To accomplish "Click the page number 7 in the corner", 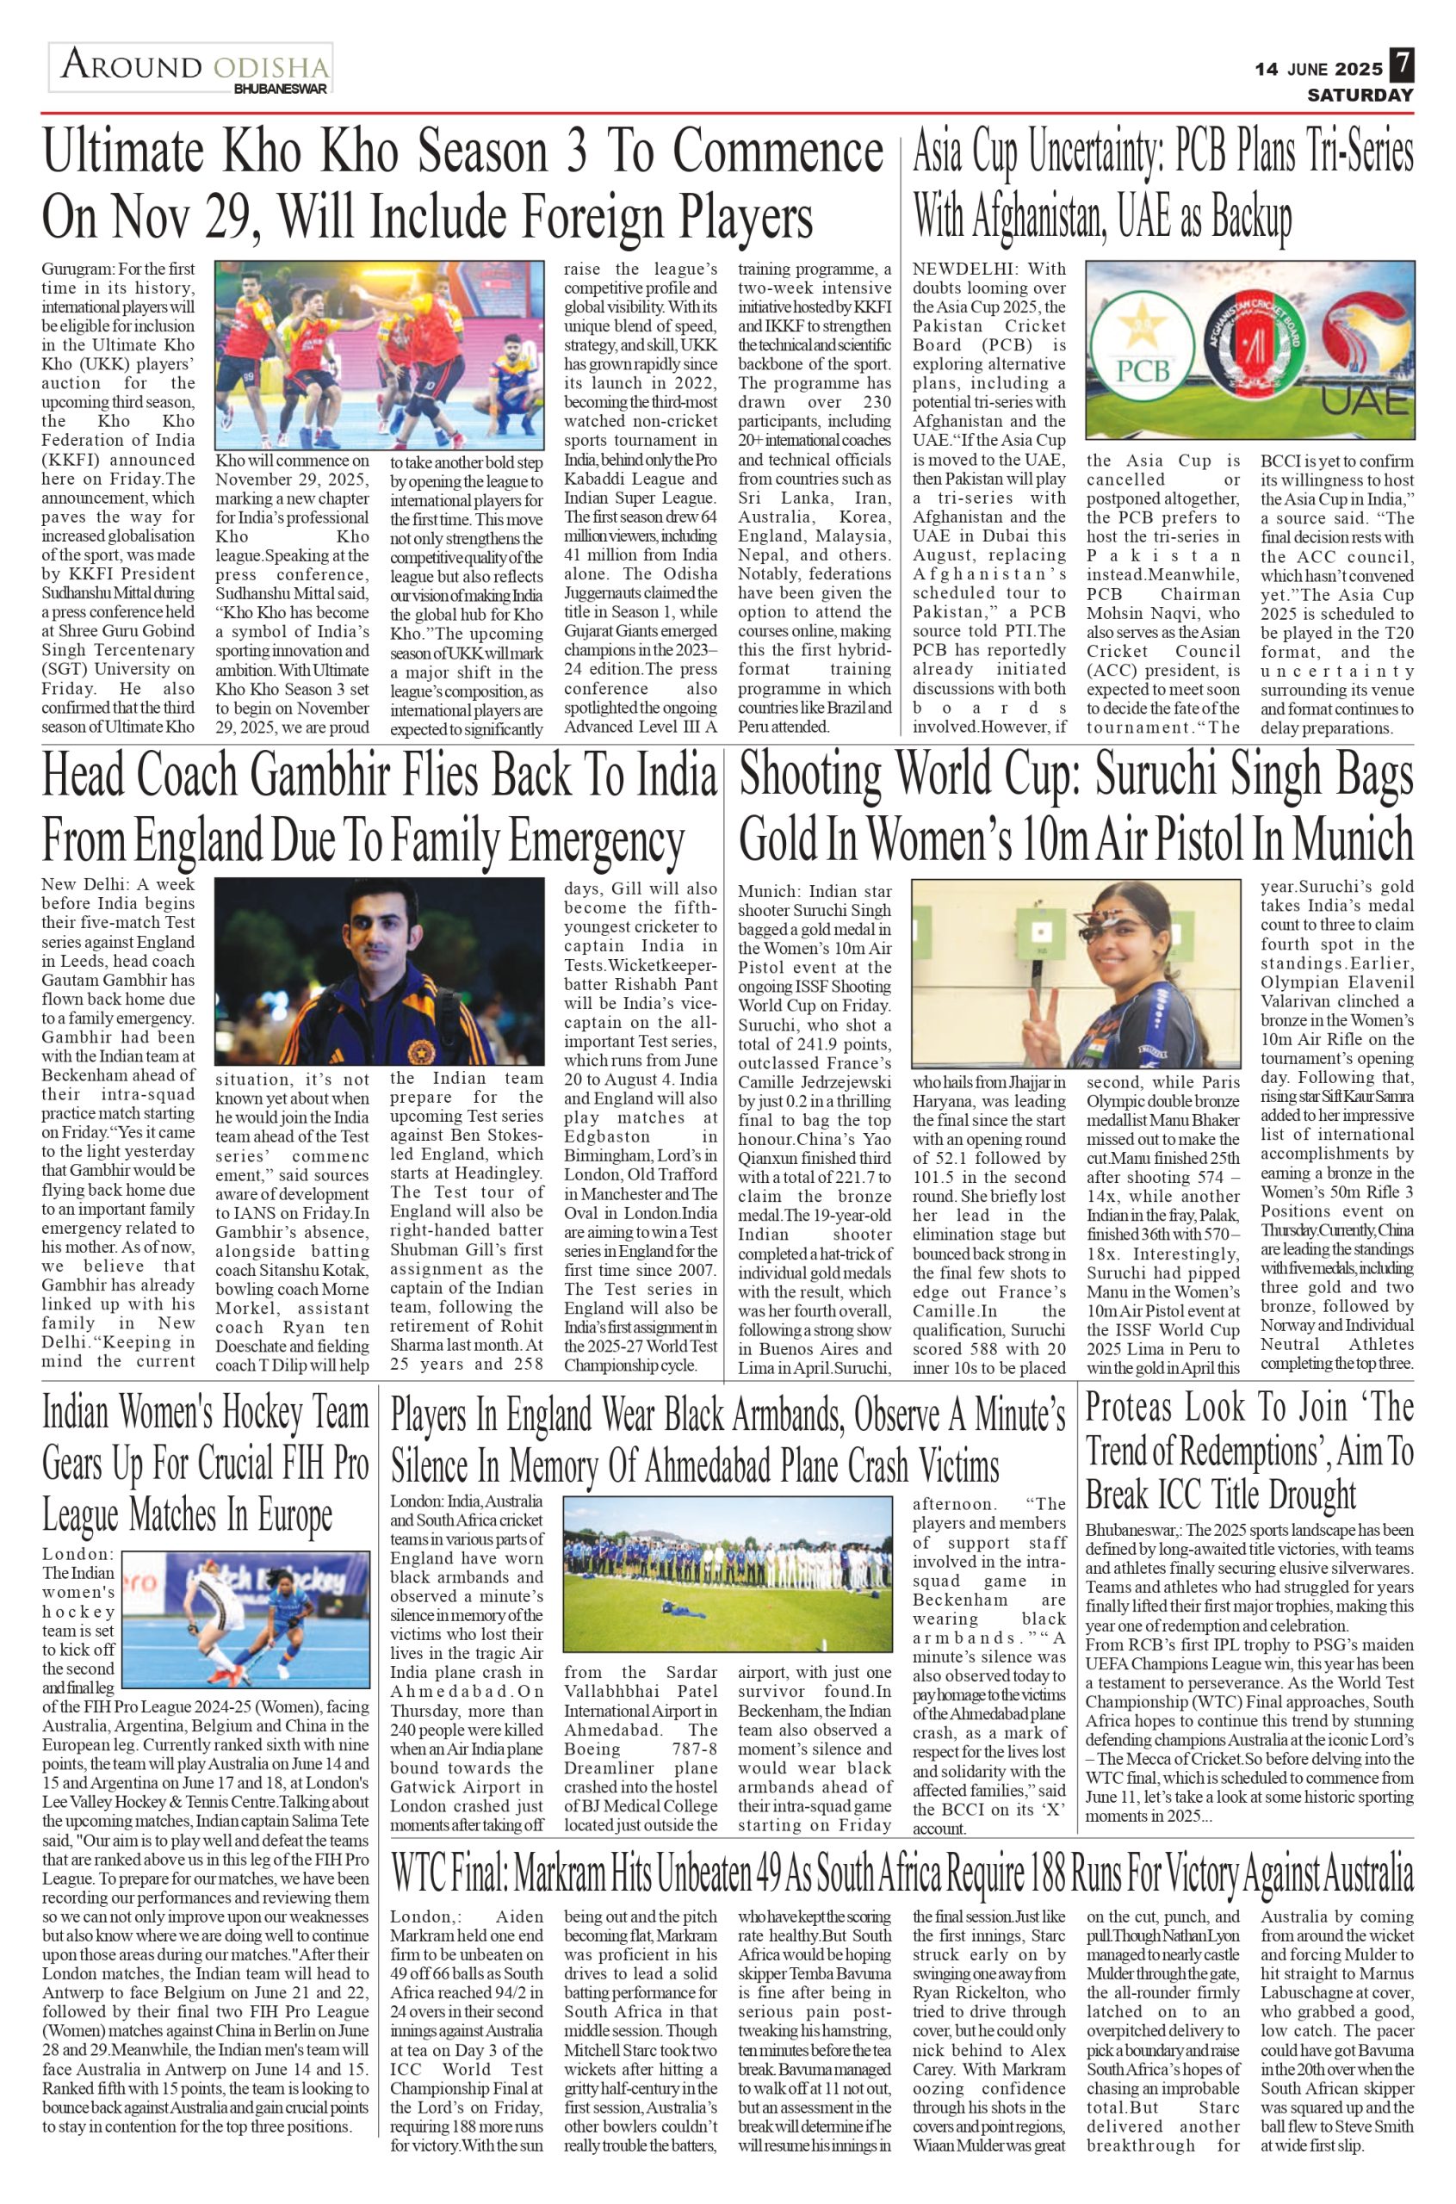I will (1402, 66).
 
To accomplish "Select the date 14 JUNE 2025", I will (1317, 69).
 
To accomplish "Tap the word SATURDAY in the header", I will (1360, 95).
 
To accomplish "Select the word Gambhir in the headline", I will (301, 777).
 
